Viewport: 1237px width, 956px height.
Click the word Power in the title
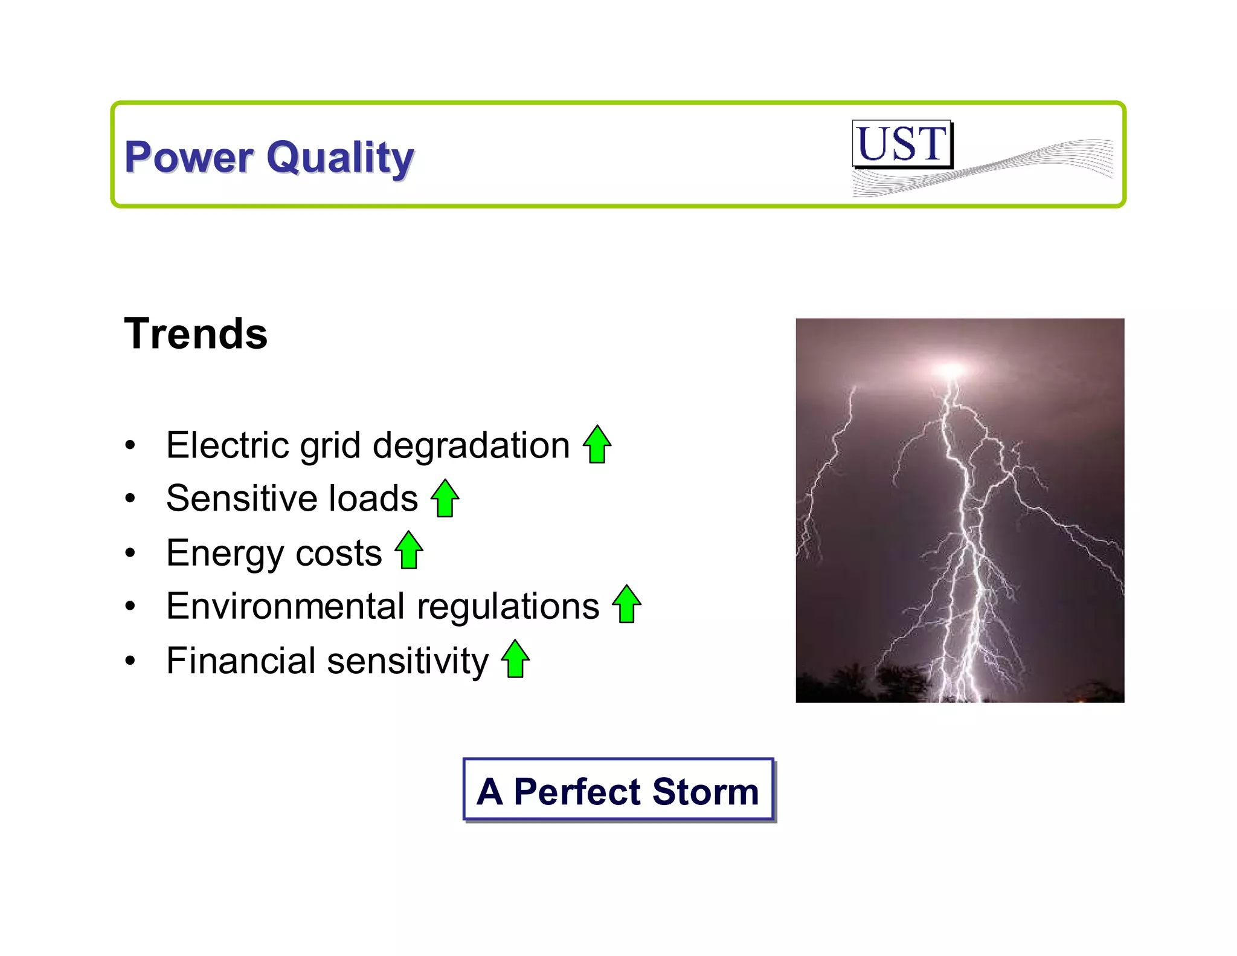tap(188, 157)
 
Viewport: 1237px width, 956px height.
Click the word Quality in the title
tap(340, 157)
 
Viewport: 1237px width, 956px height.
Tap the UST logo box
tap(902, 144)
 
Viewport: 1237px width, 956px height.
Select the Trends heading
tap(196, 334)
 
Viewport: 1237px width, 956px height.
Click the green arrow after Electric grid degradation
tap(597, 445)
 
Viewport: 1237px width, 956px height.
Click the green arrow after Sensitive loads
tap(445, 499)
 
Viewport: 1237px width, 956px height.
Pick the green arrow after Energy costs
tap(409, 551)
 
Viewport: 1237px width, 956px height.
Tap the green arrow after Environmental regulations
tap(627, 604)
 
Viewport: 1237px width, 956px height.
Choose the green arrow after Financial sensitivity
tap(515, 659)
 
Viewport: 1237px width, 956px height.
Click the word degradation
tap(471, 446)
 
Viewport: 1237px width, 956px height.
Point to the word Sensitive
tap(241, 499)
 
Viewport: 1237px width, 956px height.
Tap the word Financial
tap(240, 660)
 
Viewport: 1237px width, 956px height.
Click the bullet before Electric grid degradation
tap(130, 446)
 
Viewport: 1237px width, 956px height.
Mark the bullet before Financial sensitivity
tap(130, 660)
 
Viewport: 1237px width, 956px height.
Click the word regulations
tap(508, 606)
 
